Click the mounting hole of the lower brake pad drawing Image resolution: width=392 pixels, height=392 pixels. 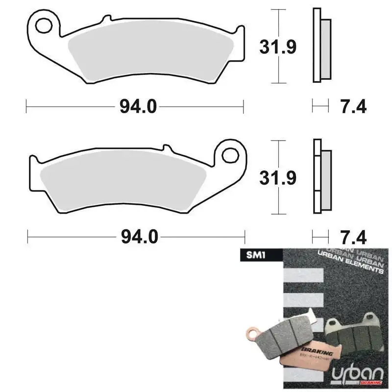point(229,155)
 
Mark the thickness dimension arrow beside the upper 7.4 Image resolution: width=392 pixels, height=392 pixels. point(320,105)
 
